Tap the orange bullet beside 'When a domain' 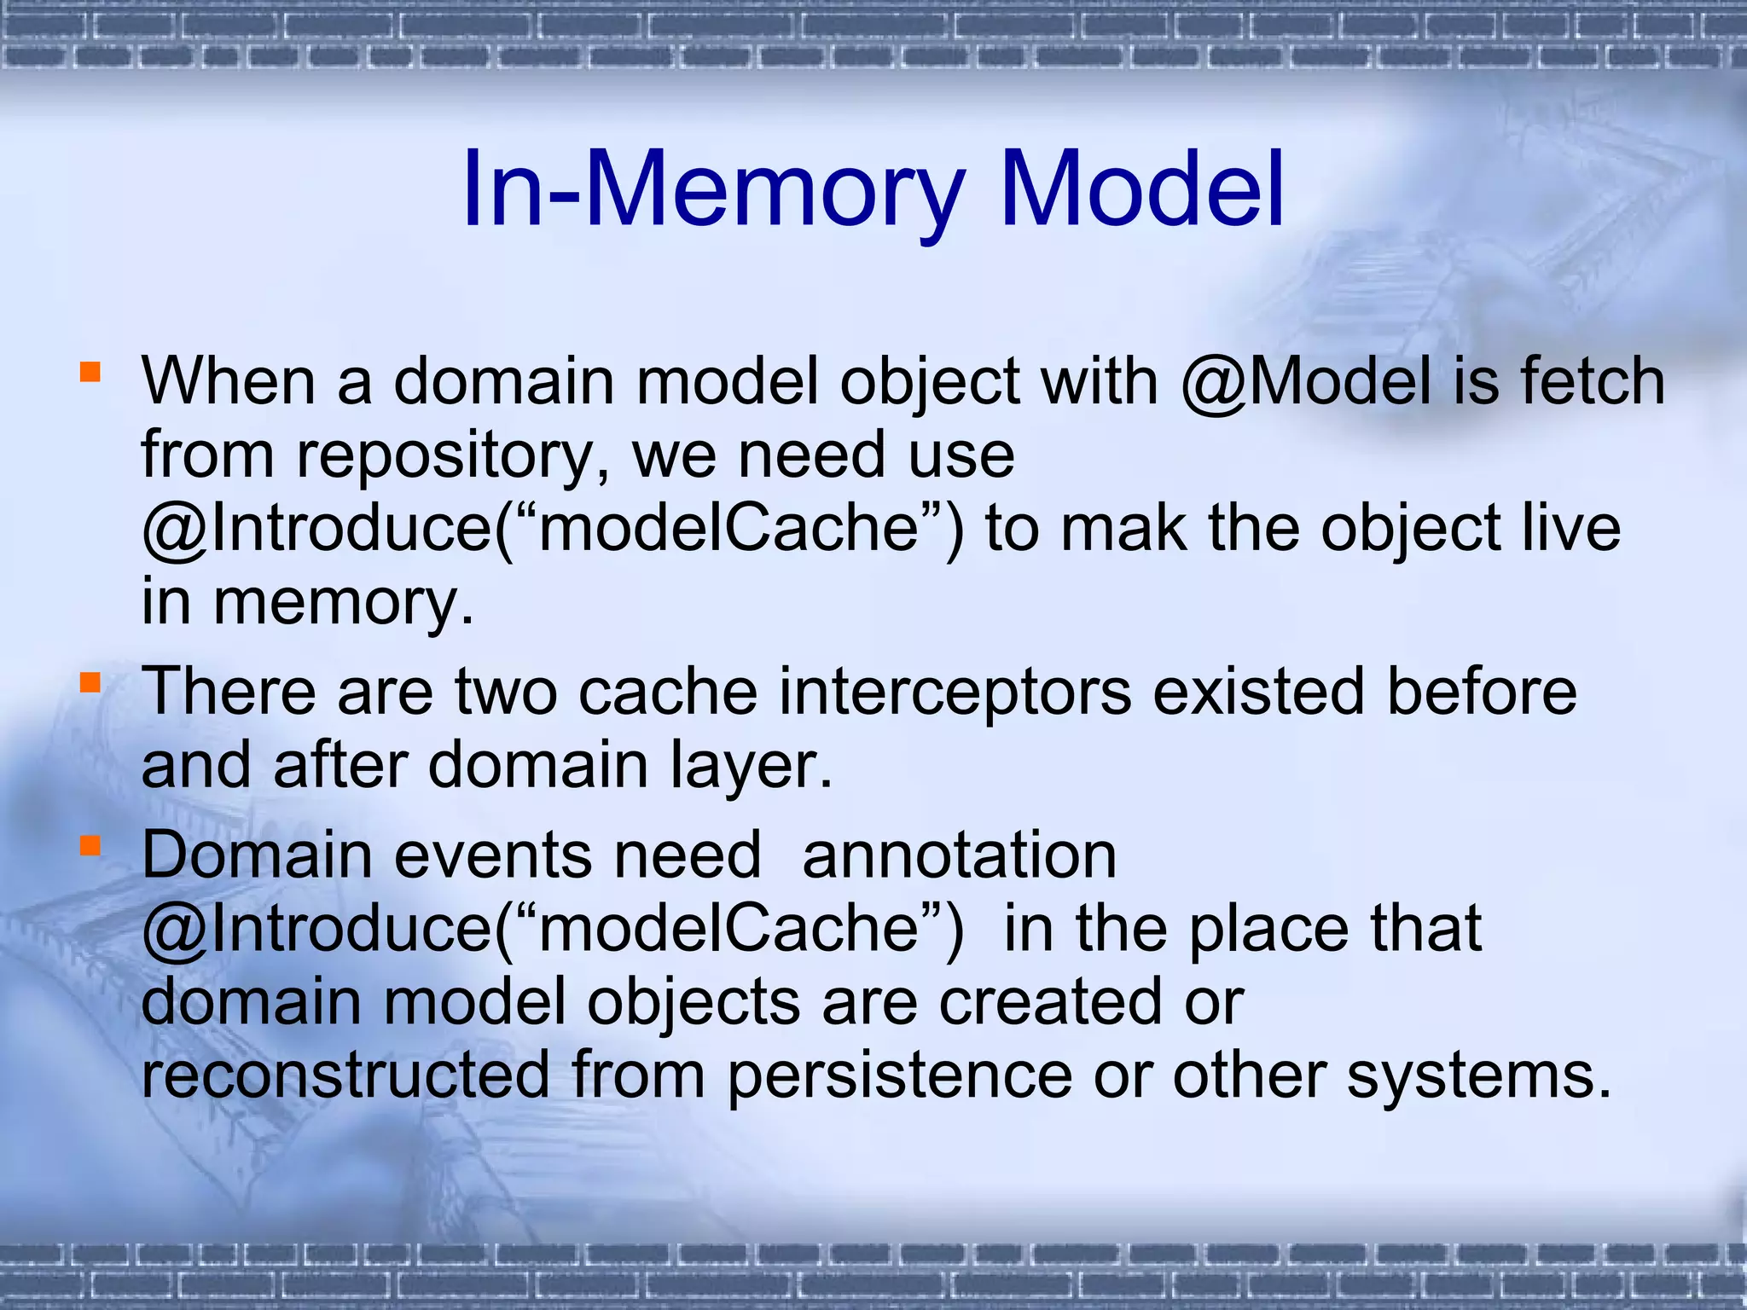(90, 372)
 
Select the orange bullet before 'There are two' (90, 682)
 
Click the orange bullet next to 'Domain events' (90, 845)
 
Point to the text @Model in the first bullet (1306, 381)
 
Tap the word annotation (959, 855)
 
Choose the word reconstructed (345, 1075)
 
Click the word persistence (899, 1075)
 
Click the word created (1050, 1001)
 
